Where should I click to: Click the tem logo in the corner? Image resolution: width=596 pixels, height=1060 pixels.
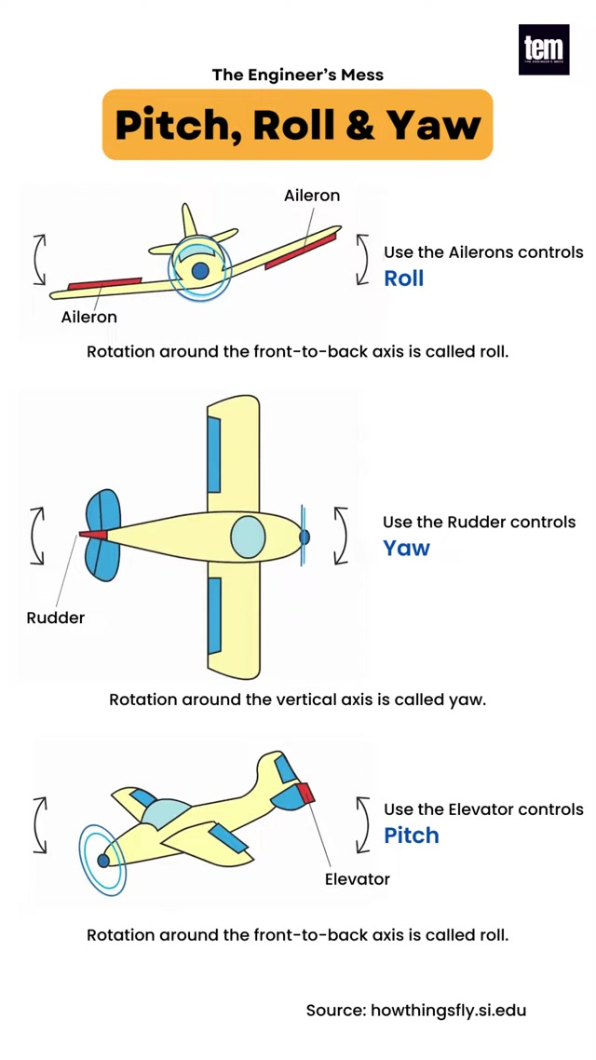pos(544,49)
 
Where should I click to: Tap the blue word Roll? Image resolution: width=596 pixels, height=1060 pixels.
pos(404,278)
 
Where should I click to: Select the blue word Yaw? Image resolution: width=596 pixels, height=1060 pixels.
pos(407,548)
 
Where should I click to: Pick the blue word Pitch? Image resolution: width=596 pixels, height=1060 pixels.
pos(412,835)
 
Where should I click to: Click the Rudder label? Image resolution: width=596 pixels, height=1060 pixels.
pos(55,618)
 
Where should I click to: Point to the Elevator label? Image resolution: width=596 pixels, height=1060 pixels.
pos(357,878)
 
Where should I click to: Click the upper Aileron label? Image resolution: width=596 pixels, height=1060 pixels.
pos(312,196)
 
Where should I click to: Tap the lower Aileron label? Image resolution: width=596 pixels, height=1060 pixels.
pos(89,317)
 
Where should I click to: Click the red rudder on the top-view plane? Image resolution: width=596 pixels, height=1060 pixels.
pos(93,535)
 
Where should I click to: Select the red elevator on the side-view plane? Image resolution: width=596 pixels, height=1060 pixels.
pos(306,793)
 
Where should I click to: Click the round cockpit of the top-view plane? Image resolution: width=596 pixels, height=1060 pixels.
pos(248,537)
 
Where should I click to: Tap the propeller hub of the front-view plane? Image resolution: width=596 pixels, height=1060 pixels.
pos(200,270)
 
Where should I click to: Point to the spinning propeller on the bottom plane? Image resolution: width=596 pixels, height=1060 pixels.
pos(102,859)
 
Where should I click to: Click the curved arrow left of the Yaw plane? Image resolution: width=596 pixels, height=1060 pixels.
pos(38,536)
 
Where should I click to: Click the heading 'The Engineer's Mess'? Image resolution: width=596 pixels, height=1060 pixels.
pos(297,75)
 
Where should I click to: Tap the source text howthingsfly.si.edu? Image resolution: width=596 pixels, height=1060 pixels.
pos(448,1010)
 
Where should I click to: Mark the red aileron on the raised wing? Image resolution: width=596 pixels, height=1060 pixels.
pos(300,251)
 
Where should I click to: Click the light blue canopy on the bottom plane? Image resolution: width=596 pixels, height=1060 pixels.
pos(164,812)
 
